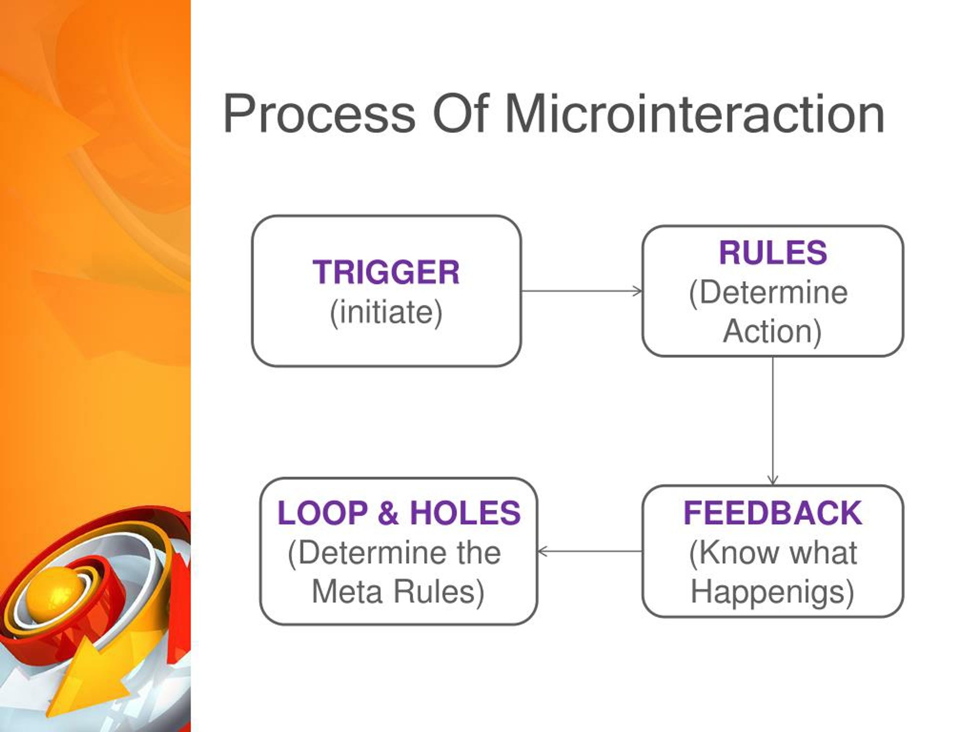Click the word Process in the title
[319, 114]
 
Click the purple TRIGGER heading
[386, 272]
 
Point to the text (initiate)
[386, 312]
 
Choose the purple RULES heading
[772, 253]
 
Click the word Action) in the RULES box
[772, 331]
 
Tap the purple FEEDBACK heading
[772, 513]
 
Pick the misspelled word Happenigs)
[772, 592]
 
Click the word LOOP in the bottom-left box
[323, 513]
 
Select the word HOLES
[466, 513]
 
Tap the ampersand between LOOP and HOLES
[388, 513]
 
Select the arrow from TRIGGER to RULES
[581, 291]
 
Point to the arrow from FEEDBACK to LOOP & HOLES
[590, 551]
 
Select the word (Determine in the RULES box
[768, 292]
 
